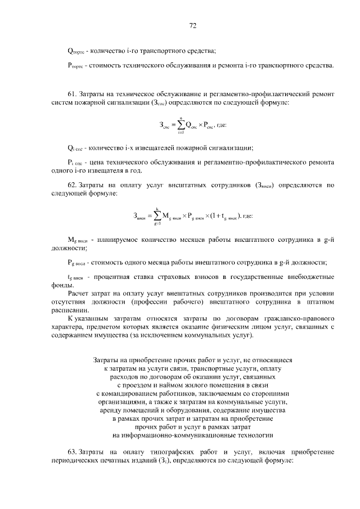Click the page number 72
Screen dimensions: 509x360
point(192,25)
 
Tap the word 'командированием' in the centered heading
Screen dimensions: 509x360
point(128,394)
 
